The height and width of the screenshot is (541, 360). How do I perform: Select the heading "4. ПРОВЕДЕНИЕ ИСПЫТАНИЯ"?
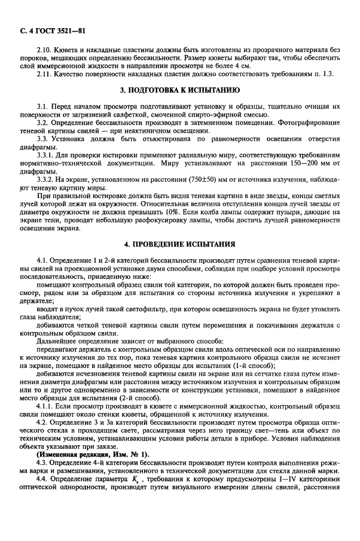[x=179, y=244]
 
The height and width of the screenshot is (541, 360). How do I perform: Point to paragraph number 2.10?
[x=44, y=51]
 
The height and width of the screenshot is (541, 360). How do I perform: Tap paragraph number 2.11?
[x=44, y=74]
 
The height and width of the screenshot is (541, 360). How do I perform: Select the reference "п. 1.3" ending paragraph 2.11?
[x=329, y=74]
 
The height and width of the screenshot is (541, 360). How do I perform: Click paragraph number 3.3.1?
[x=46, y=153]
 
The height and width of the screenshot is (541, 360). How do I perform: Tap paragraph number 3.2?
[x=42, y=123]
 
